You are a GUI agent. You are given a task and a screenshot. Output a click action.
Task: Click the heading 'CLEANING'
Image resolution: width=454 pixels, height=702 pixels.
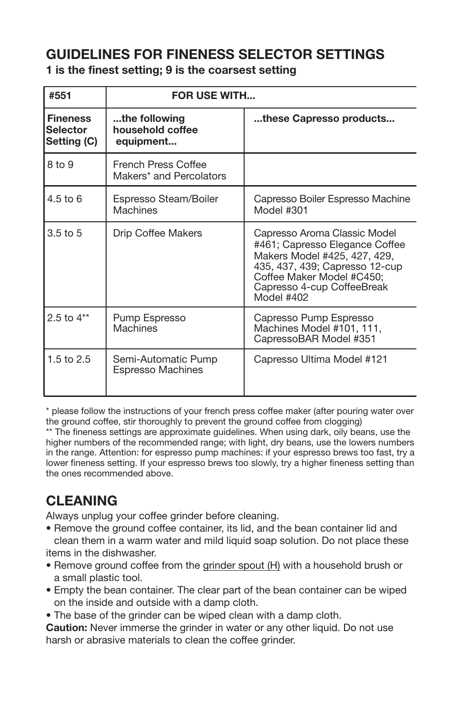click(x=81, y=501)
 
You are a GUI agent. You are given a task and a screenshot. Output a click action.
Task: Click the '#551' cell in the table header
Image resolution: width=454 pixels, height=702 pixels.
click(x=60, y=96)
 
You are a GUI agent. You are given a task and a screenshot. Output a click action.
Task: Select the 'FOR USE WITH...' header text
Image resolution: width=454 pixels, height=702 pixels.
click(x=213, y=96)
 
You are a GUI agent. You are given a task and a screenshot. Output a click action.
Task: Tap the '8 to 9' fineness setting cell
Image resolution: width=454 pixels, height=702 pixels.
click(x=60, y=165)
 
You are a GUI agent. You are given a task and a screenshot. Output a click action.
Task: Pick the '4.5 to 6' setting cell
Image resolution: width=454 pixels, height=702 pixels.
click(x=64, y=199)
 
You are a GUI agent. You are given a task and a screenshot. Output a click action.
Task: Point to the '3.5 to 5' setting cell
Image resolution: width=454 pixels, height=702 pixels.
click(x=64, y=233)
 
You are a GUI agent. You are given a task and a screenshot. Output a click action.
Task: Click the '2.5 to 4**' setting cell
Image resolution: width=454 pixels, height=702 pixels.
click(x=68, y=318)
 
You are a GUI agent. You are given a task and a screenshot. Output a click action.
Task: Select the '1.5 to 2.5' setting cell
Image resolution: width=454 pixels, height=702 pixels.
click(x=69, y=359)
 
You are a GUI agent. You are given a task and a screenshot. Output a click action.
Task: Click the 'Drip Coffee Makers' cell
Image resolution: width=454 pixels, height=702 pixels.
click(x=157, y=233)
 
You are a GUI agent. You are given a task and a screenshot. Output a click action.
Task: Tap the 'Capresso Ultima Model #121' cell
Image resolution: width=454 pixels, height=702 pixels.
click(x=320, y=359)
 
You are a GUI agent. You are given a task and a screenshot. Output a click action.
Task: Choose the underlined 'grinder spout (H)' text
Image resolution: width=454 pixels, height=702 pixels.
click(x=241, y=565)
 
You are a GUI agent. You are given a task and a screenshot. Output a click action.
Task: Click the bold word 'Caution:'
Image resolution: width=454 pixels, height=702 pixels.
click(x=67, y=628)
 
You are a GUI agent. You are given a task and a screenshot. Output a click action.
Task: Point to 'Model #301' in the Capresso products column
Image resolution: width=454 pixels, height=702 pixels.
click(x=281, y=210)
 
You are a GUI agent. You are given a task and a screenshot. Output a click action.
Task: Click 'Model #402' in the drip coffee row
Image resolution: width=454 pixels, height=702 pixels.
click(x=281, y=297)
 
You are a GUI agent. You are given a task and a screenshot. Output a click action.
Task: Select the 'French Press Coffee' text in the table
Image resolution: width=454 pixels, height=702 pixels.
click(x=159, y=165)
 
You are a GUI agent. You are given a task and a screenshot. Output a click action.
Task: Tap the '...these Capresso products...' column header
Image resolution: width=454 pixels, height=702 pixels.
click(x=324, y=119)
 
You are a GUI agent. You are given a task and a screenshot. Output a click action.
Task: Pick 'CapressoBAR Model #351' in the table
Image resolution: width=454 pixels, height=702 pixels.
click(x=315, y=339)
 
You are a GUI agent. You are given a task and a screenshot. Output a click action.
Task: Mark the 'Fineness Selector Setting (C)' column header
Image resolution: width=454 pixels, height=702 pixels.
click(x=71, y=130)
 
